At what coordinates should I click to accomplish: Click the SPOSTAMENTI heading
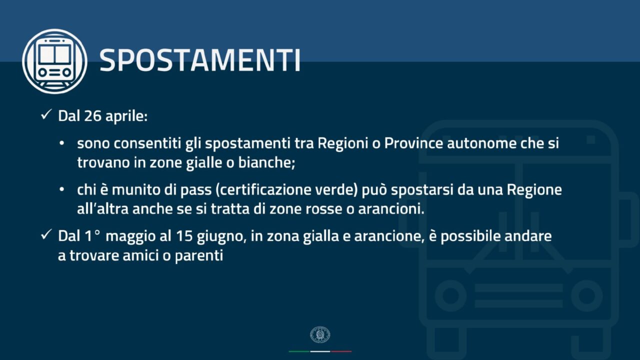[x=200, y=60]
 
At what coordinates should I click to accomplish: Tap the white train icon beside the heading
[x=54, y=61]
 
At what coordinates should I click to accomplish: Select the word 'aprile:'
[x=126, y=116]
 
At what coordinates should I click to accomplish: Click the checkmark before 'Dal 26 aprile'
[x=46, y=114]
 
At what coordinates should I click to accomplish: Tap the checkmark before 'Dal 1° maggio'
[x=46, y=234]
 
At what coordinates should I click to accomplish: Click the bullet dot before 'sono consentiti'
[x=61, y=143]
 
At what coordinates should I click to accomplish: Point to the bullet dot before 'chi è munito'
[x=61, y=189]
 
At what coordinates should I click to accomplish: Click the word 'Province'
[x=413, y=143]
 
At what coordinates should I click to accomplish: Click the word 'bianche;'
[x=266, y=163]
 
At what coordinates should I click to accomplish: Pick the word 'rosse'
[x=324, y=209]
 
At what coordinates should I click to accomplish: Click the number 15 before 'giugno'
[x=184, y=236]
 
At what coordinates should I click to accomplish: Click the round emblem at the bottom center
[x=320, y=334]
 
